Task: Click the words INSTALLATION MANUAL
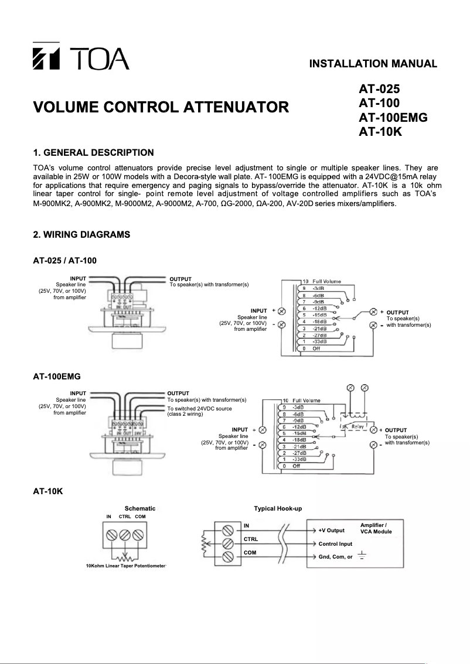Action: [373, 64]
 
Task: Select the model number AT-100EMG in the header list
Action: [393, 117]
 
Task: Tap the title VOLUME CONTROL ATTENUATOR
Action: [161, 108]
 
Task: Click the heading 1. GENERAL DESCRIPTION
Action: [94, 153]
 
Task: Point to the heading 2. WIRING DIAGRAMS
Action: [81, 235]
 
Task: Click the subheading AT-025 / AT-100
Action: [65, 260]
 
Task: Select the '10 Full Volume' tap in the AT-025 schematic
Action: [322, 282]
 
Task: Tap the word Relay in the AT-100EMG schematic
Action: [357, 426]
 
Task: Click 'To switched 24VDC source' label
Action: [199, 408]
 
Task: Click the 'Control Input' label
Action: [335, 544]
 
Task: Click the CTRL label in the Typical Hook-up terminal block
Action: [251, 539]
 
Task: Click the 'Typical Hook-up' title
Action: [278, 508]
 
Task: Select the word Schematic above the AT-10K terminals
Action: [140, 508]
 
